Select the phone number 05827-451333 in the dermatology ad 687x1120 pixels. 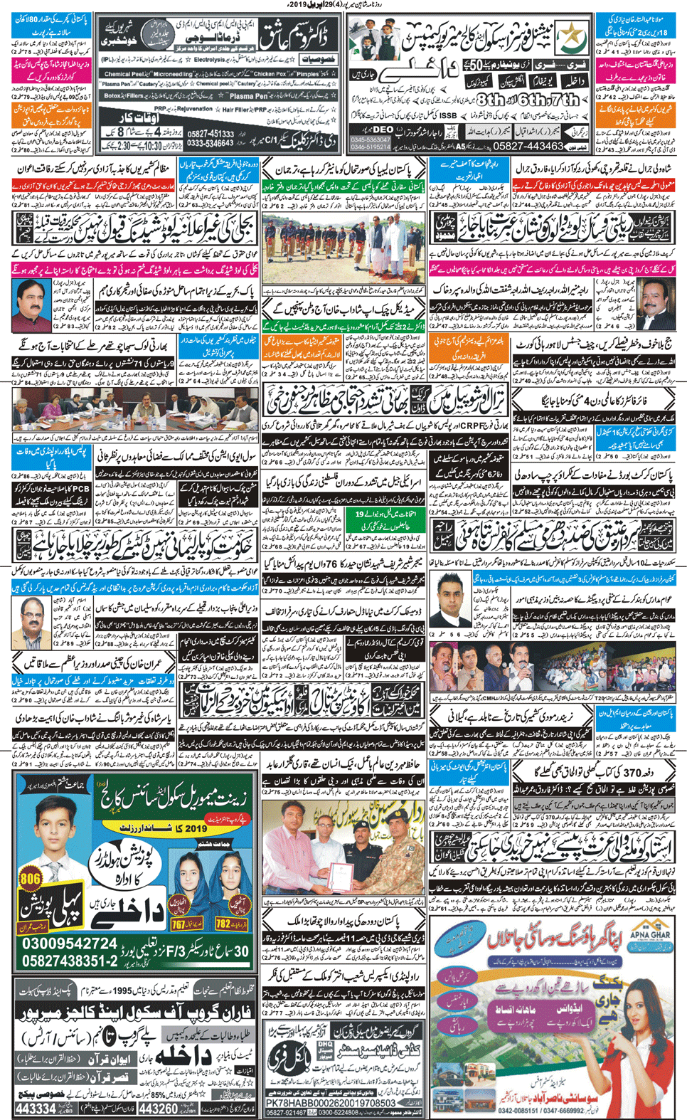tap(208, 134)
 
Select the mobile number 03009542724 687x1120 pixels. tap(69, 944)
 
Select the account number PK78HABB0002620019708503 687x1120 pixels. tap(330, 1103)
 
